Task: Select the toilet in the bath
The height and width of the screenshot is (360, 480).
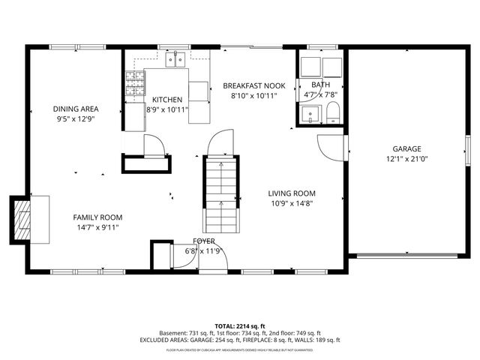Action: click(333, 114)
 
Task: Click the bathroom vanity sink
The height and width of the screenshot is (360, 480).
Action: click(308, 114)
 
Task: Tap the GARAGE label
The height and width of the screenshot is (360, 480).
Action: click(406, 148)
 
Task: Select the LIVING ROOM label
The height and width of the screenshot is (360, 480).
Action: click(292, 193)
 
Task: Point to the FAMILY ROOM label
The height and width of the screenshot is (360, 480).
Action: click(97, 217)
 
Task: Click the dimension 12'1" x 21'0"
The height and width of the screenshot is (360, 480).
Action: click(406, 159)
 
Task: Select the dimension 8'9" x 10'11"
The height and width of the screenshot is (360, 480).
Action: click(166, 109)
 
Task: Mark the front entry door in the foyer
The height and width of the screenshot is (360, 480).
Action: click(213, 259)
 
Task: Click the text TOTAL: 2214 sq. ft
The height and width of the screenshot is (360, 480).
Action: click(239, 325)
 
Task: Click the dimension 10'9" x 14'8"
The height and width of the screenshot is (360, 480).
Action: click(292, 203)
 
